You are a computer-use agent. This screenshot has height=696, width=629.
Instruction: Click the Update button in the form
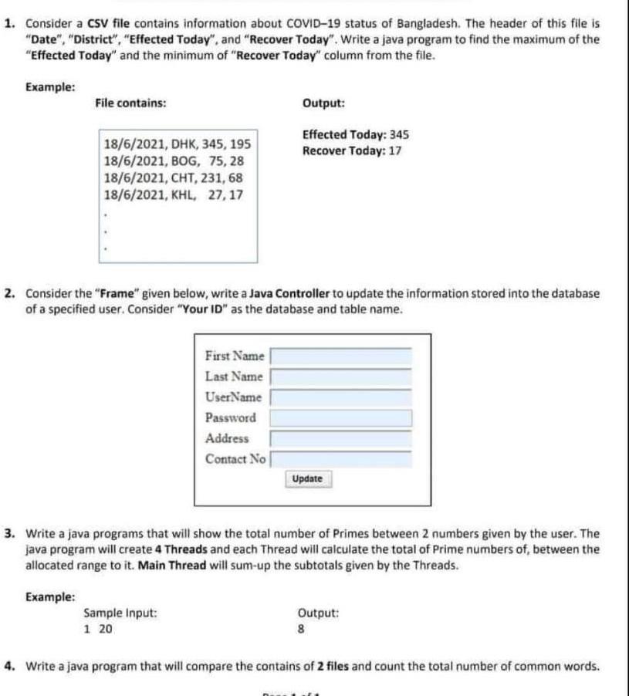coord(307,479)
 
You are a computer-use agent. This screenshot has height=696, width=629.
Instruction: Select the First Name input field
coord(340,356)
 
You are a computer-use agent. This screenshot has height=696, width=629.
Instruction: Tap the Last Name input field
coord(340,377)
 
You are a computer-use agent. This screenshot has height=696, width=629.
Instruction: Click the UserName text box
coord(340,397)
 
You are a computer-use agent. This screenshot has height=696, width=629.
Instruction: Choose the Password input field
coord(340,418)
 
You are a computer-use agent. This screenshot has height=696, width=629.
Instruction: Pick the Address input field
coord(340,439)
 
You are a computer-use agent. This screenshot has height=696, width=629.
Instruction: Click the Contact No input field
coord(340,460)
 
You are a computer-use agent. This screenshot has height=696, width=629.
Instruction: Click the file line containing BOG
coord(174,161)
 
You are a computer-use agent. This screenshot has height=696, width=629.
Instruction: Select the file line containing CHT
coord(174,178)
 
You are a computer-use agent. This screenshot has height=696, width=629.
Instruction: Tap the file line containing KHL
coord(174,195)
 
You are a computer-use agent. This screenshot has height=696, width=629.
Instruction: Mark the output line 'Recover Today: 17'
coord(352,150)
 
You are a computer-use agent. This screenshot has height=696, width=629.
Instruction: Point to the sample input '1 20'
coord(98,629)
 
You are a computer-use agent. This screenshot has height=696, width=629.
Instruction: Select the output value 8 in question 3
coord(301,629)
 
